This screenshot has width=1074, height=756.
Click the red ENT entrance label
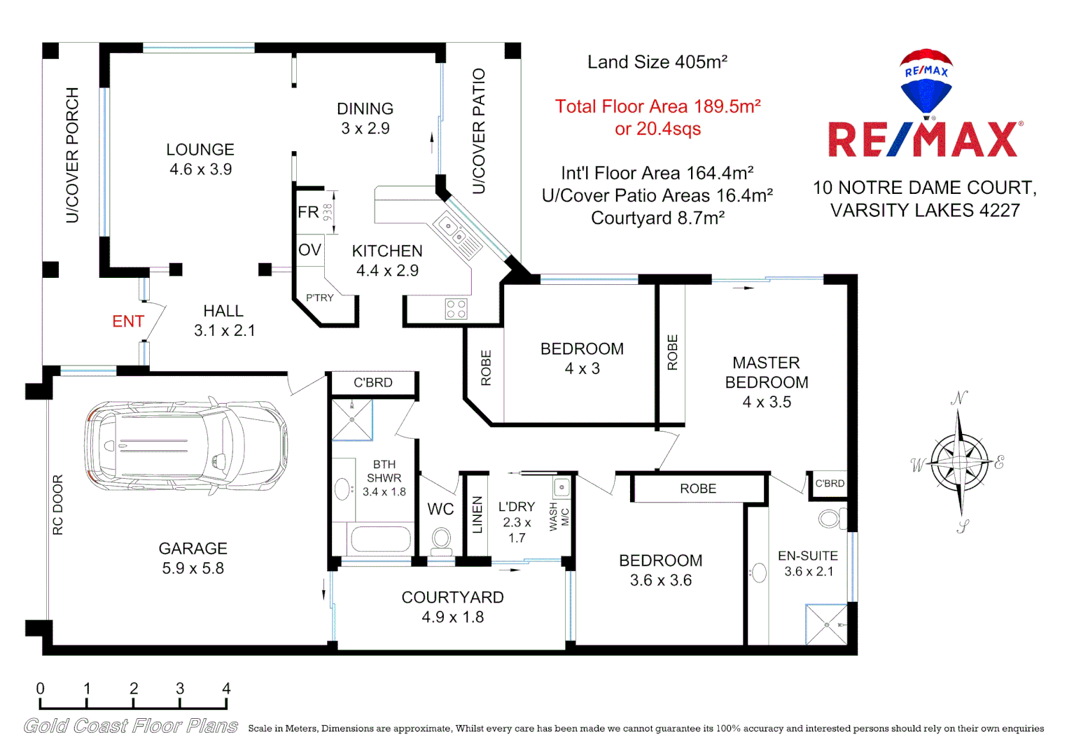coord(128,321)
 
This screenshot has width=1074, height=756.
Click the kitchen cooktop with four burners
coord(456,309)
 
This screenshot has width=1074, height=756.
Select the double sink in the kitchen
coord(449,230)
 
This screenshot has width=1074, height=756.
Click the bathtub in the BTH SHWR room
coord(380,540)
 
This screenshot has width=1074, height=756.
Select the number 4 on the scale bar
coord(226,689)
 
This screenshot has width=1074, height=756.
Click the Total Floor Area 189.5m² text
coord(657,107)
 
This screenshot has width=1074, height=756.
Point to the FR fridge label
coord(308,212)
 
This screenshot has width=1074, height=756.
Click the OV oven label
coord(309,250)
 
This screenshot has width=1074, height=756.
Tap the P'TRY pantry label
coord(320,298)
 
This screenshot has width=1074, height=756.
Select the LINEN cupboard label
coord(477,514)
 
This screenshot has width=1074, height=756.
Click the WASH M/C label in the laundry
coord(559,517)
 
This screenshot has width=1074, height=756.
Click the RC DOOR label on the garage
coord(58,505)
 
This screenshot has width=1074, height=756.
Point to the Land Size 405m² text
coord(657,62)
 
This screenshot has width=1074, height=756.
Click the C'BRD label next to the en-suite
coord(830,484)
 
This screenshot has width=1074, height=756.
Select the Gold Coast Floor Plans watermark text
coord(131,726)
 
